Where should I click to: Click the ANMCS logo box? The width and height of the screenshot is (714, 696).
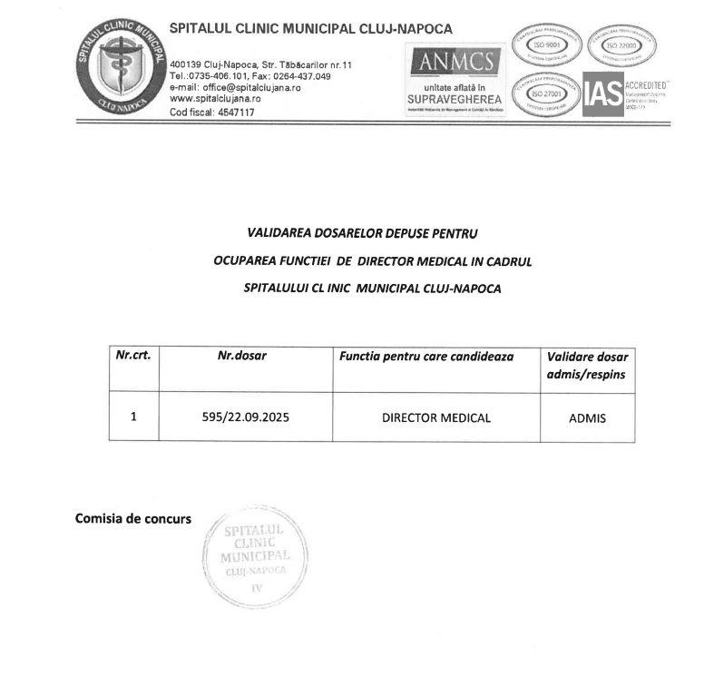click(454, 81)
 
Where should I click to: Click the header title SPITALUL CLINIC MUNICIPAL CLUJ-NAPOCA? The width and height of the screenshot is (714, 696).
click(310, 29)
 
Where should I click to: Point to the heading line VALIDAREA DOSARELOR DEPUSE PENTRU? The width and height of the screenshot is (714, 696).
click(361, 233)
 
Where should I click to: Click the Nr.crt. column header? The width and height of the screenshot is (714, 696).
click(132, 357)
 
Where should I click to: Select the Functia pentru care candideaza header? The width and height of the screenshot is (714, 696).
click(426, 357)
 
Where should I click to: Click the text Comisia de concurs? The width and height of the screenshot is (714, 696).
click(133, 519)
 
